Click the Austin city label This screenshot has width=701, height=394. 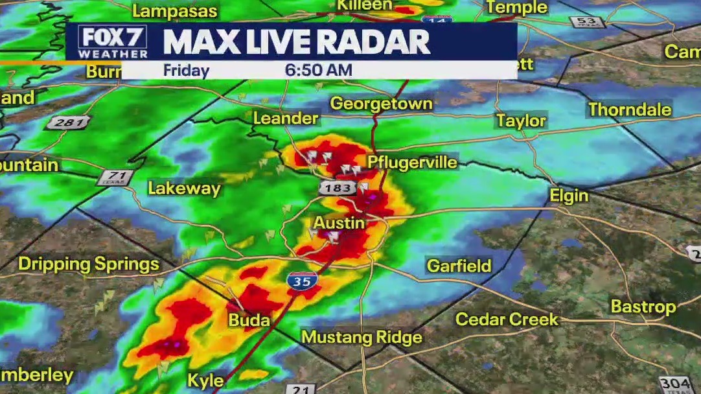(339, 224)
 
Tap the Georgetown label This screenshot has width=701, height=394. (381, 104)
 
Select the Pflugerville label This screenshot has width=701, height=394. (413, 162)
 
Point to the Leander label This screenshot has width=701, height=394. (286, 118)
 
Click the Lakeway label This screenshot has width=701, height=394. (184, 189)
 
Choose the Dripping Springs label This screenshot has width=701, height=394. (89, 264)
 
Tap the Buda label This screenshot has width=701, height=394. (249, 320)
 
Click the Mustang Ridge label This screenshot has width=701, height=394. (362, 338)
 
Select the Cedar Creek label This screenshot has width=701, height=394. (507, 319)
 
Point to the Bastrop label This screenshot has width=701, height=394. (643, 307)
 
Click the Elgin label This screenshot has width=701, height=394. (569, 196)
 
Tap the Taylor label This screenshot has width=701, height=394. (521, 121)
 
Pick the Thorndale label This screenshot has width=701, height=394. (629, 110)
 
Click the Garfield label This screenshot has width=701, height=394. (459, 265)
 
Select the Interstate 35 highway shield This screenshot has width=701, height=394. (302, 281)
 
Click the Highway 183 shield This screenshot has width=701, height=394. (337, 188)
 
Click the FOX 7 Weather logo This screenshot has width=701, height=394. (113, 42)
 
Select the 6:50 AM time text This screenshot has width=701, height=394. (318, 70)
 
